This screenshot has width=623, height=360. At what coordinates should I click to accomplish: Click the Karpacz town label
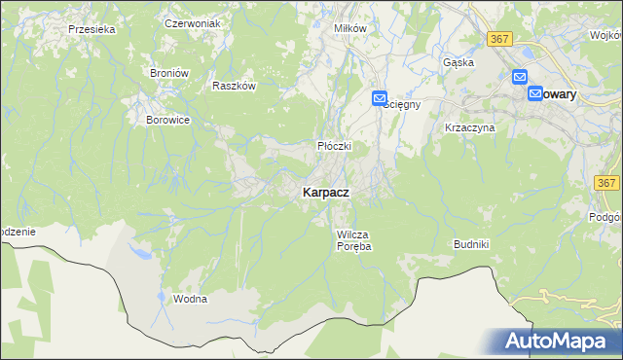pos(319,194)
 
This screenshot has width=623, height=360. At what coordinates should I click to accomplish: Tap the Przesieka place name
pos(92,29)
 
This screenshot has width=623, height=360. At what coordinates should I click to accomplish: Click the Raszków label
pos(234,86)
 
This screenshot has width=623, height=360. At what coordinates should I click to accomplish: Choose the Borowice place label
pos(166,120)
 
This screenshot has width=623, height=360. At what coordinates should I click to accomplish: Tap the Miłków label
pos(349,28)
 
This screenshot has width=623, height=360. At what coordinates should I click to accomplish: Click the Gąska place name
pos(458,62)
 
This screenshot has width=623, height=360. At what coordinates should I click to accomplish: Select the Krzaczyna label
pos(470,127)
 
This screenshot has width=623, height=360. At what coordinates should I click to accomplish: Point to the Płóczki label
pos(333,146)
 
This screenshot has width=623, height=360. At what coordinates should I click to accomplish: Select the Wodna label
pos(190,299)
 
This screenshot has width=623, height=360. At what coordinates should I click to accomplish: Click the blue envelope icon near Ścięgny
pos(379,98)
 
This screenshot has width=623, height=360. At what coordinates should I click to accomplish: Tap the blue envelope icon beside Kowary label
pos(535,93)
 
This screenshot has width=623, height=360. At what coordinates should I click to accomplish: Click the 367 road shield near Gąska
pos(499,38)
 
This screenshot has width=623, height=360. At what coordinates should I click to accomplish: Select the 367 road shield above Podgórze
pos(607,183)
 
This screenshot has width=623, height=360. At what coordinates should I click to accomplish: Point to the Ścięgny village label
pos(402,105)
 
